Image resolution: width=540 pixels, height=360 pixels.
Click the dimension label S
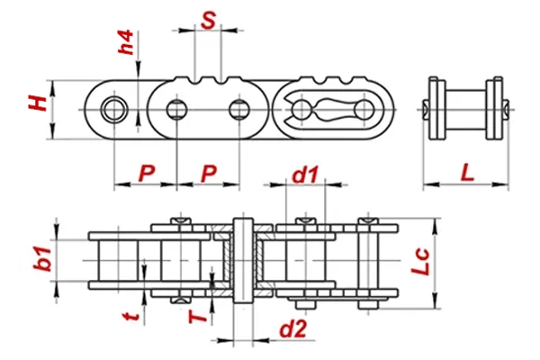coord(209,19)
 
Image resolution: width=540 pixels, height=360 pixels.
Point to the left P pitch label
coord(145,172)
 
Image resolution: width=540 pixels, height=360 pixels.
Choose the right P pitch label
coord(208,172)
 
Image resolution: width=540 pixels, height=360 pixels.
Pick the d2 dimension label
coord(291,330)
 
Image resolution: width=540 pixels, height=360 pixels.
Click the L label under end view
coord(467,171)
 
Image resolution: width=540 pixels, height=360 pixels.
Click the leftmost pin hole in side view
coord(113,110)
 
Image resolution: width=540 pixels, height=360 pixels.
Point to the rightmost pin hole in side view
coord(365,110)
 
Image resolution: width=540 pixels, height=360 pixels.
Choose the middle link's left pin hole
coord(176,110)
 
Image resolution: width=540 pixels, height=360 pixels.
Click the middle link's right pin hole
coord(238,110)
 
